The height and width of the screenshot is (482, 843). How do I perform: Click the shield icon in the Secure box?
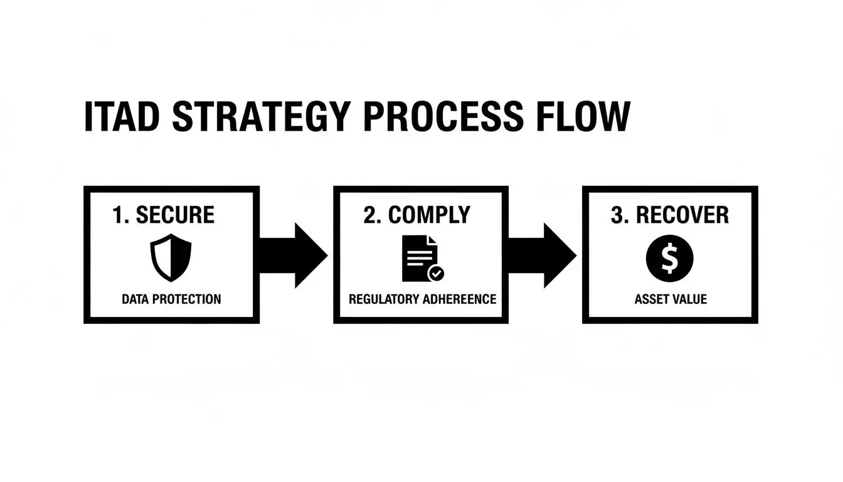tap(171, 258)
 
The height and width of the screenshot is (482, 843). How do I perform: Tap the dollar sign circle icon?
tap(670, 258)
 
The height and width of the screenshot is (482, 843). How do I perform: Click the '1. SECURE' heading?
tap(164, 215)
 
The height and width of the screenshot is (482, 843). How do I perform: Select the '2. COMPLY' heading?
tap(416, 215)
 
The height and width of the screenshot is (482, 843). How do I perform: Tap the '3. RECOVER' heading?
tap(670, 215)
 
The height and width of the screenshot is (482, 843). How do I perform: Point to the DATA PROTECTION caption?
tap(171, 299)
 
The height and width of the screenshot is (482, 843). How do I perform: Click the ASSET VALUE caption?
tap(671, 299)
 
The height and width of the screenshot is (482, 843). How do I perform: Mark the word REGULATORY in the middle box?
tap(384, 299)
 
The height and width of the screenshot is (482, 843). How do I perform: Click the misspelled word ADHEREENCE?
tap(460, 299)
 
